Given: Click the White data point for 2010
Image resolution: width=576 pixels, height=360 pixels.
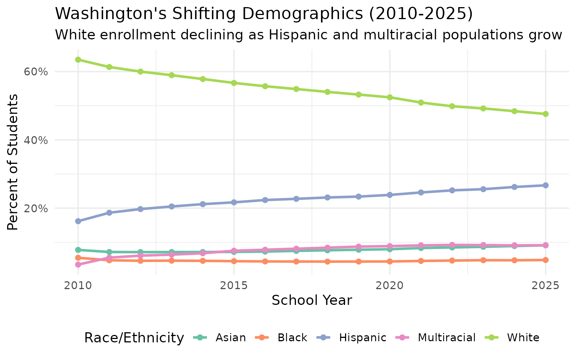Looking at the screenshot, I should [x=78, y=60].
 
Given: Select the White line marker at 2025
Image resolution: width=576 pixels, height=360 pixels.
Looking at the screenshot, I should [x=546, y=114].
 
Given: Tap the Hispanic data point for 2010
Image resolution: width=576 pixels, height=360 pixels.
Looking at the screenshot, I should [x=78, y=221].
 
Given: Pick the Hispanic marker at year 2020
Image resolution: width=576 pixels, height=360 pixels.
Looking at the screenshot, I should [x=390, y=195].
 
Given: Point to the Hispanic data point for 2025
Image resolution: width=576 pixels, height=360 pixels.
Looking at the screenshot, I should [x=546, y=185].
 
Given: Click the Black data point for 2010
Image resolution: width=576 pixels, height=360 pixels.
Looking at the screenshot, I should [x=78, y=258].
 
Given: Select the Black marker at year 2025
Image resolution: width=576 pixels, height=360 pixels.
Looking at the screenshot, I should [x=546, y=260].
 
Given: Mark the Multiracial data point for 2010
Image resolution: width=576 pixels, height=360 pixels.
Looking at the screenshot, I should [x=78, y=265].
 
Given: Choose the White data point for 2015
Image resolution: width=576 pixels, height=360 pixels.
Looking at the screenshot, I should [x=234, y=83].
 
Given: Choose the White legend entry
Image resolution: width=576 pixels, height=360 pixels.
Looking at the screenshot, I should [x=513, y=338].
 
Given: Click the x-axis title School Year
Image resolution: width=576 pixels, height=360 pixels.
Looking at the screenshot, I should [x=312, y=301].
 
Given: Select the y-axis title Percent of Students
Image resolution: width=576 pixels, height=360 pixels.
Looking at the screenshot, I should [x=13, y=162].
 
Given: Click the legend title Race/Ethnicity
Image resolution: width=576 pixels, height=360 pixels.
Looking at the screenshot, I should [x=134, y=338].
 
